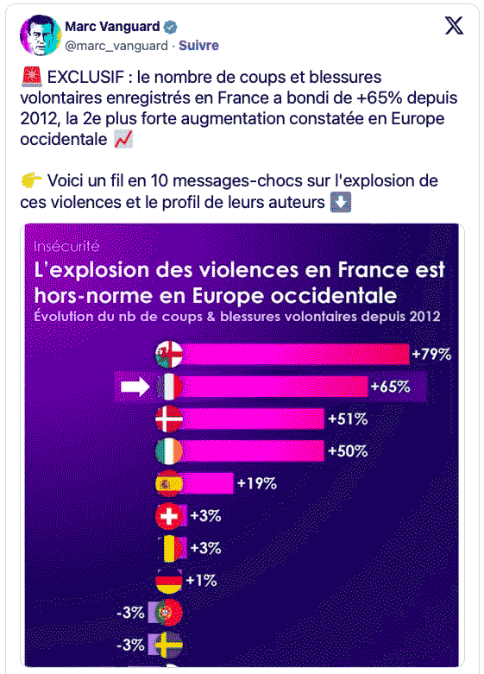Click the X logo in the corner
coord(454,26)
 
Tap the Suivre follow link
coord(198,46)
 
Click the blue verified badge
coord(171,27)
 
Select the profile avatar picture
coord(40,35)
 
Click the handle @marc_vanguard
coord(116,46)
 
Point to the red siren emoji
coord(31,78)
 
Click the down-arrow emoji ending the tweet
coord(341,202)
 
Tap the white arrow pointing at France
coord(135,387)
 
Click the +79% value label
coord(431,354)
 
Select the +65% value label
coord(390,387)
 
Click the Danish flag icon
coord(169,419)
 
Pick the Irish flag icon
coord(169,451)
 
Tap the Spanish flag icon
coord(169,483)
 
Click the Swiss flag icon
coord(169,516)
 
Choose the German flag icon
coord(169,581)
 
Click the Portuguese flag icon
coord(169,613)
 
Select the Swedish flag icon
coord(169,645)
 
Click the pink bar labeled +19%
coord(208,483)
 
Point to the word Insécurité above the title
coord(66,246)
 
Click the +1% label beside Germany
coord(202,581)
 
